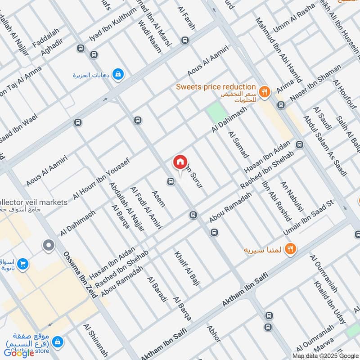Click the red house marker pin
(180, 162)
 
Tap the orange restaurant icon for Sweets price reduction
(265, 91)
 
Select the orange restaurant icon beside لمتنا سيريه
(291, 248)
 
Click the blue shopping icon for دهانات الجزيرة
(117, 74)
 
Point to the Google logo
(19, 352)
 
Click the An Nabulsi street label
(292, 196)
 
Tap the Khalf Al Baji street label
(187, 269)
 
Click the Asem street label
(158, 198)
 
